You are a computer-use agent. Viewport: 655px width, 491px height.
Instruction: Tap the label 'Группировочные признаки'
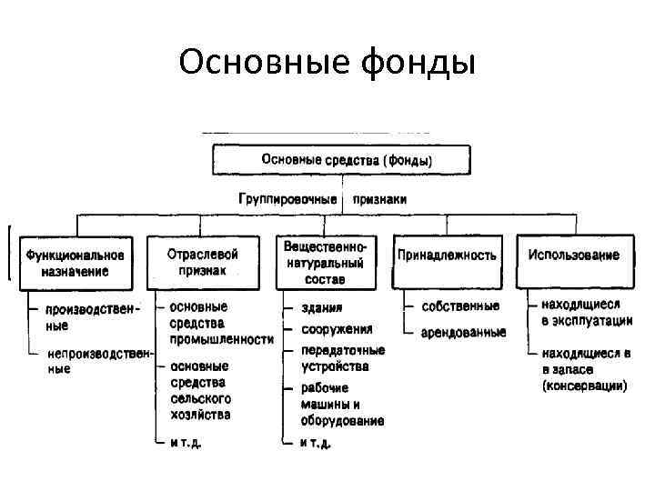coord(322,198)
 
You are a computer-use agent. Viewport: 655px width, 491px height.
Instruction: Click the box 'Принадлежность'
coord(447,256)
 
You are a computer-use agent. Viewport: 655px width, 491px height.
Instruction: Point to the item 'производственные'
coord(86,316)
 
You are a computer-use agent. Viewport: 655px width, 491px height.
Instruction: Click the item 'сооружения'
coord(337,329)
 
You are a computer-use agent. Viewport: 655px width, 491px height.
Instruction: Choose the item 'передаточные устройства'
coord(343,358)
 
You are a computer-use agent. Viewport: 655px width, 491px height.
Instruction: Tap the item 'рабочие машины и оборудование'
coord(342,405)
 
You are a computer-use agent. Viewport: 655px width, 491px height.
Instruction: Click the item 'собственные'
coord(459,306)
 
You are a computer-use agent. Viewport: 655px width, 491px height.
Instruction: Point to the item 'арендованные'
coord(463,333)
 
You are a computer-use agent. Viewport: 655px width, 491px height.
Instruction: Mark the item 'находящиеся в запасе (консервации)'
coord(583,368)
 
